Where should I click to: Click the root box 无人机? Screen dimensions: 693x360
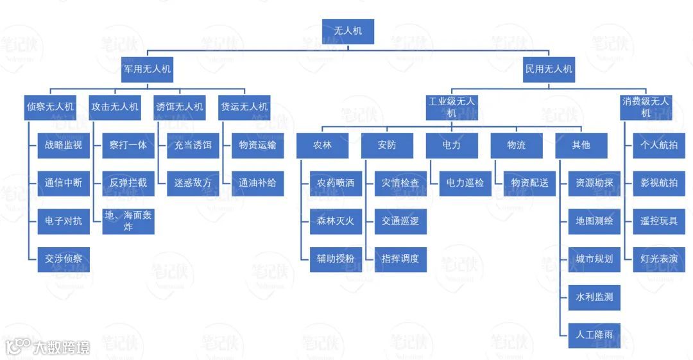(347, 31)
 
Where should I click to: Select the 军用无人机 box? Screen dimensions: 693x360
(148, 69)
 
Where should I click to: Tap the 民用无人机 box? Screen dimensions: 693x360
(549, 69)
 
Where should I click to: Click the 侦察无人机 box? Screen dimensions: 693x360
(51, 107)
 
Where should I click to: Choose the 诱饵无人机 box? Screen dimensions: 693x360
(180, 107)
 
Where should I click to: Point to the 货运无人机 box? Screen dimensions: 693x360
(244, 107)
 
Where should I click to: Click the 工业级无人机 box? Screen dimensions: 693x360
(452, 107)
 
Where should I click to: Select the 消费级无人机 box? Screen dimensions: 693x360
(646, 107)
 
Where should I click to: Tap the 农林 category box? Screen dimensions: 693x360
(322, 145)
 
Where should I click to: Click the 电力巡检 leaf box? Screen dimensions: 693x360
(465, 183)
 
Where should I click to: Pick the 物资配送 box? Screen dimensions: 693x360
(530, 183)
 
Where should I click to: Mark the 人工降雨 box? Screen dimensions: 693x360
(594, 335)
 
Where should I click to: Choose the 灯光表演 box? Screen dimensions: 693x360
(659, 259)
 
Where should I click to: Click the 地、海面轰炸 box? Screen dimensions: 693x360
(128, 221)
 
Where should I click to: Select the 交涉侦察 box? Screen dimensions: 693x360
(64, 259)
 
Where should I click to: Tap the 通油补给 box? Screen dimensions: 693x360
(257, 183)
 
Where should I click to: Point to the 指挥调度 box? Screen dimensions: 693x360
(400, 259)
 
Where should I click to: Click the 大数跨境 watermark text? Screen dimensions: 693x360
(61, 347)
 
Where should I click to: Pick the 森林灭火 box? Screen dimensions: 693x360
(336, 221)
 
